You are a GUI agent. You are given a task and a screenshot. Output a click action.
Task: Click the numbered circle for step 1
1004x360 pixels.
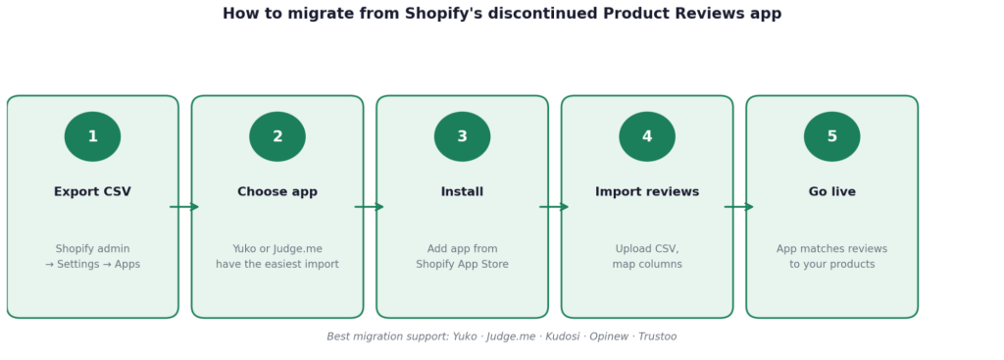coord(93,136)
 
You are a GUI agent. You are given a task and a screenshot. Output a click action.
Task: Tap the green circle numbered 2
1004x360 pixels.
coord(277,136)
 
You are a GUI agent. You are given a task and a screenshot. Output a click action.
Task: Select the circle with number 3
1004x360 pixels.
coord(463,136)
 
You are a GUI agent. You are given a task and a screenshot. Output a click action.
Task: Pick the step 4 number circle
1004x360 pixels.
coord(647,136)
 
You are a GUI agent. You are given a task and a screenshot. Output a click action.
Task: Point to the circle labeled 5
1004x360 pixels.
coord(831,136)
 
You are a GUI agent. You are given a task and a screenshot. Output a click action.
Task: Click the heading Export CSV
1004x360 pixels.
coord(93,192)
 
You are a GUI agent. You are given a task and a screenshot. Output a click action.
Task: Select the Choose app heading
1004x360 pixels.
coord(277,192)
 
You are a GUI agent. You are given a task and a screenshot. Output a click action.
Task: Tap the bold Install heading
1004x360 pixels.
coord(463,192)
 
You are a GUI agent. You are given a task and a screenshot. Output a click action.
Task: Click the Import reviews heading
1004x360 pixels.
coord(647,192)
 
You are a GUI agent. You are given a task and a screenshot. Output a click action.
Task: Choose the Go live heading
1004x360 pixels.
coord(831,192)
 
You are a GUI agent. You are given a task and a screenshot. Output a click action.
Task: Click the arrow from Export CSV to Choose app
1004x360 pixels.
coord(184,207)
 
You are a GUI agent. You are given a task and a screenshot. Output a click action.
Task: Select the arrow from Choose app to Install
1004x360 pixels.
coord(370,207)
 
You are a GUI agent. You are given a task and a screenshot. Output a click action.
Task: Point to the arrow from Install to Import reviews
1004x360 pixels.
coord(554,207)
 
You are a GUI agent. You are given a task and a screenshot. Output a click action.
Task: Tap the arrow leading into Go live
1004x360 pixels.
coord(739,207)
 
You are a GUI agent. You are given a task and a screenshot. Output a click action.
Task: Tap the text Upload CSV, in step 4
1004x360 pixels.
coord(647,249)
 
